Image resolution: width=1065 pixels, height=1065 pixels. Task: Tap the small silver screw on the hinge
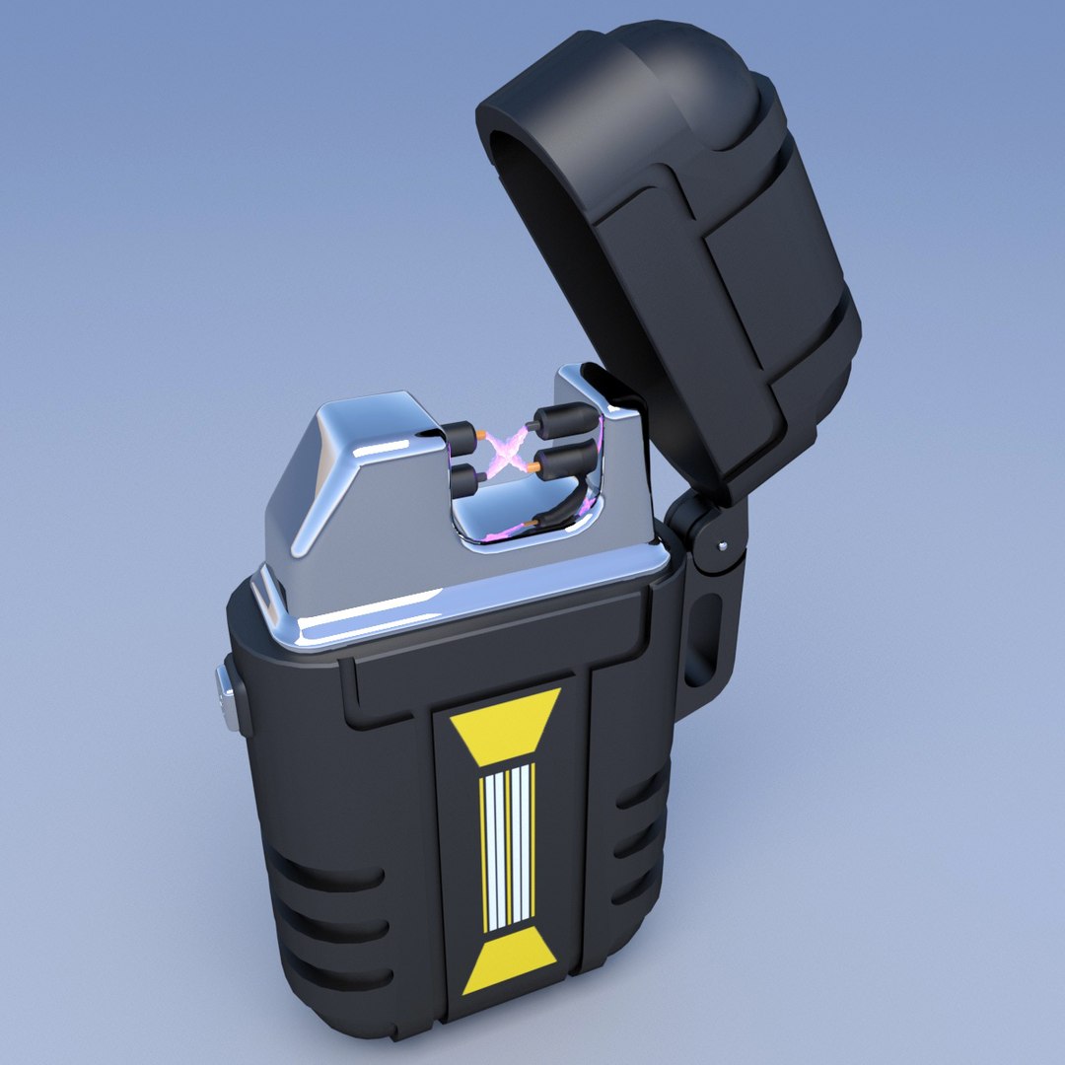click(x=725, y=544)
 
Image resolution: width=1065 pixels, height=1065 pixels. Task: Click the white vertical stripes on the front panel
click(x=507, y=846)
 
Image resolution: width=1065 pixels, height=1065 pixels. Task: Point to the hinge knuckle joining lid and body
click(x=707, y=532)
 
